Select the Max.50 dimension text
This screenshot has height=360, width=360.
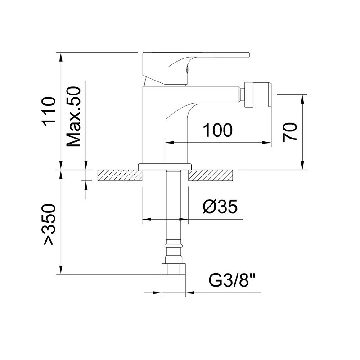[73, 117]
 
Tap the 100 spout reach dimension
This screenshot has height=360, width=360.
[218, 130]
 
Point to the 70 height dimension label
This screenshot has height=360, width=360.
[290, 132]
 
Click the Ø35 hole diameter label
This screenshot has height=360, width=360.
[220, 207]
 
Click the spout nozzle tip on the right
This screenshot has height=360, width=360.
[257, 94]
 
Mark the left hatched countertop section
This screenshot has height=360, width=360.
[120, 175]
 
